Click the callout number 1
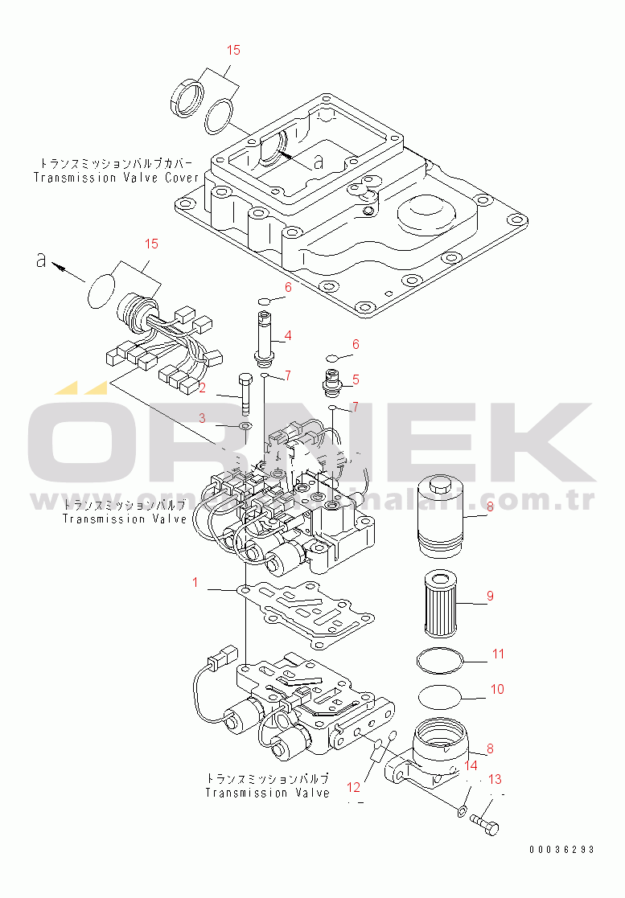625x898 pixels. pyautogui.click(x=194, y=581)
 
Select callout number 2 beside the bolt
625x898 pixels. pyautogui.click(x=203, y=388)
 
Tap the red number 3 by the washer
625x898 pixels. pyautogui.click(x=203, y=417)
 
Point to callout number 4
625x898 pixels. pyautogui.click(x=287, y=335)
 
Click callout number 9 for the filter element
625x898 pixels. pyautogui.click(x=489, y=597)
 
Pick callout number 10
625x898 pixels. pyautogui.click(x=498, y=689)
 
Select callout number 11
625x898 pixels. pyautogui.click(x=498, y=654)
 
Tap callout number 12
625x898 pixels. pyautogui.click(x=354, y=786)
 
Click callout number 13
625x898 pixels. pyautogui.click(x=495, y=779)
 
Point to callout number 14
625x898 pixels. pyautogui.click(x=471, y=766)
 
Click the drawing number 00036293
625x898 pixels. pyautogui.click(x=562, y=849)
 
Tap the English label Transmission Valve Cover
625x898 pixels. pyautogui.click(x=116, y=177)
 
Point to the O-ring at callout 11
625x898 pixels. pyautogui.click(x=442, y=660)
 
